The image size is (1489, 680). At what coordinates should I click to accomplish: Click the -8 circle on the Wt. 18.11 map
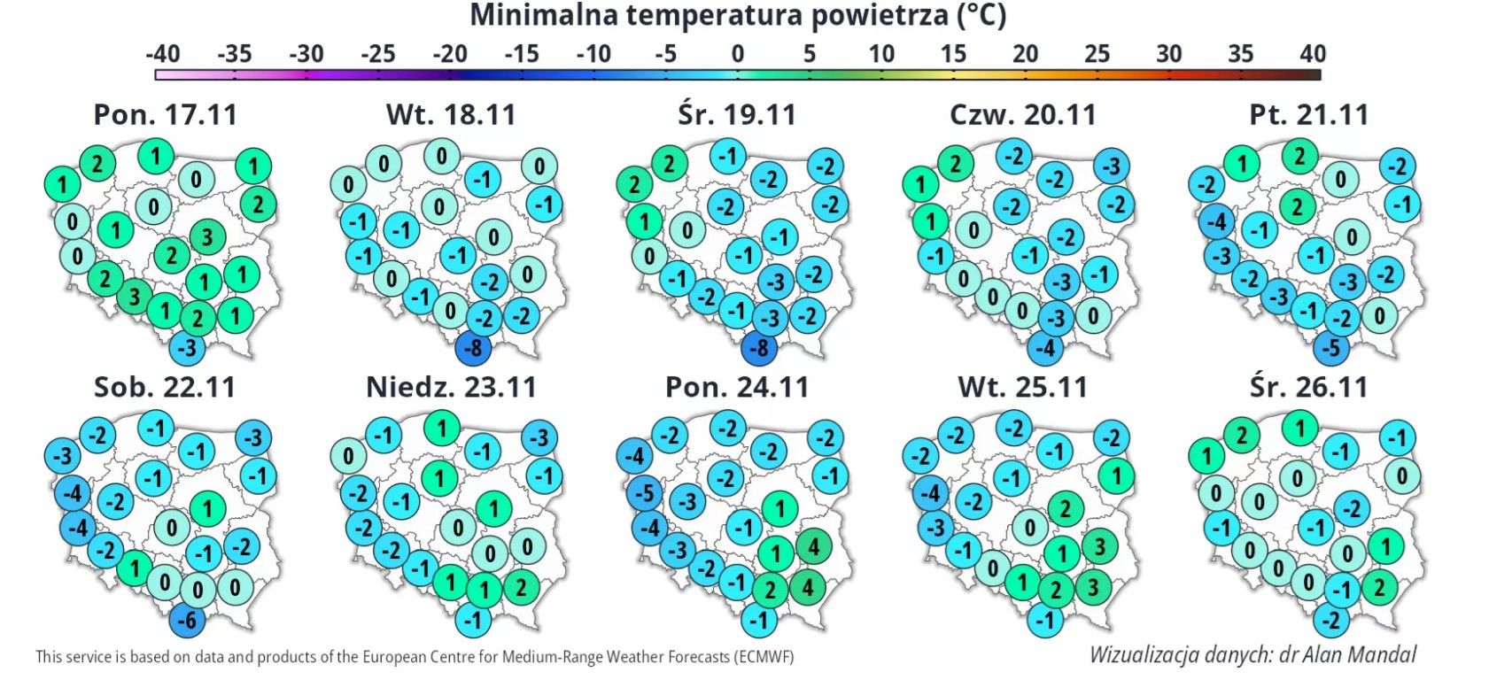[x=475, y=347]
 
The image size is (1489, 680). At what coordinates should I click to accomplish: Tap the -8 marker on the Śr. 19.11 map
[x=759, y=347]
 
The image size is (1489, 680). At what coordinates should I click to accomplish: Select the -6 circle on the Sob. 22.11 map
[x=187, y=620]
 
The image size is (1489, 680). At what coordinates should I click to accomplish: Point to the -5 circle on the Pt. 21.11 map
[x=1331, y=347]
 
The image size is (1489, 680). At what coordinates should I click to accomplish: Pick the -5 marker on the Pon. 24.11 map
[x=646, y=493]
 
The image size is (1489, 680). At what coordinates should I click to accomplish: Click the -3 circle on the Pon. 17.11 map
[x=187, y=347]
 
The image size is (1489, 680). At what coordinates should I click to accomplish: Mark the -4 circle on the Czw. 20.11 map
[x=1046, y=347]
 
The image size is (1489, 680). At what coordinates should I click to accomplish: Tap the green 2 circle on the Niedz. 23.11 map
[x=522, y=586]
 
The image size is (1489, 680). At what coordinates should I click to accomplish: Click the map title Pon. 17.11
[x=165, y=115]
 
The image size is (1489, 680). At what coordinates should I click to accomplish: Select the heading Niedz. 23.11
[x=451, y=387]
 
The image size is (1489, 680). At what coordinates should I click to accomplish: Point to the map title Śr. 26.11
[x=1308, y=387]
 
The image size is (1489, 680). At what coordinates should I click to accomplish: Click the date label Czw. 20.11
[x=1022, y=115]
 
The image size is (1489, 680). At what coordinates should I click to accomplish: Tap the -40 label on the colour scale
[x=162, y=54]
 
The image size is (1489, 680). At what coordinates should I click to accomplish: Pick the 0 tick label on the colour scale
[x=737, y=54]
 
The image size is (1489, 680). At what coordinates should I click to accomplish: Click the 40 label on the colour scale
[x=1312, y=54]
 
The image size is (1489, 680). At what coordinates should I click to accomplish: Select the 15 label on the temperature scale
[x=952, y=54]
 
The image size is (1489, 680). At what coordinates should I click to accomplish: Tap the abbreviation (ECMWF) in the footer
[x=764, y=657]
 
